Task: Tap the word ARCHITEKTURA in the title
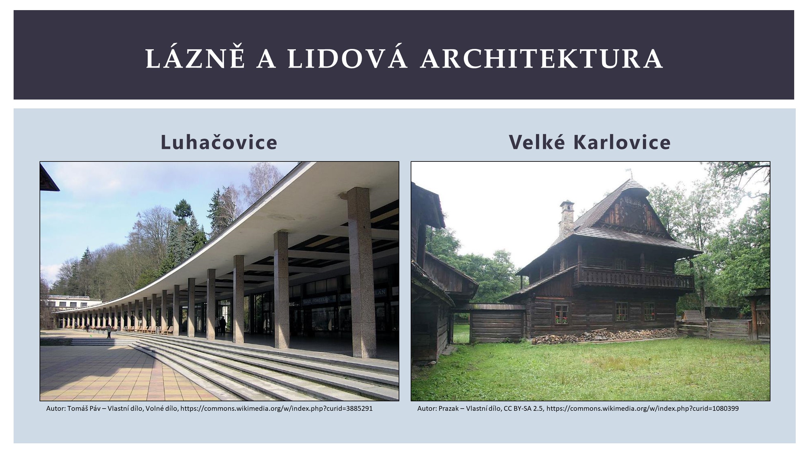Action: (541, 59)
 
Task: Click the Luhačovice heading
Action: (219, 143)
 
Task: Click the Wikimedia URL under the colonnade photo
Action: (277, 409)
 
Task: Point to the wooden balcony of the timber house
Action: (636, 277)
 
